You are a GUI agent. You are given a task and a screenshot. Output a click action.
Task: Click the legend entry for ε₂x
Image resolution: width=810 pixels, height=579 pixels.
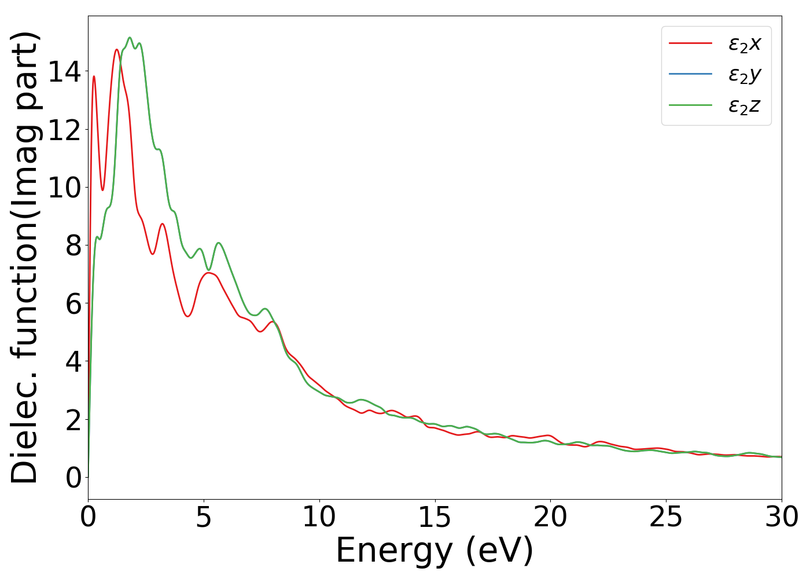coord(744,43)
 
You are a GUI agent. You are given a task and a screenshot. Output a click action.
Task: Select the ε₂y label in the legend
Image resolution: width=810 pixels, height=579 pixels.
coord(744,75)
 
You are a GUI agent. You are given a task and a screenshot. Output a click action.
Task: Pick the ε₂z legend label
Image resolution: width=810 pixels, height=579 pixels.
coord(744,106)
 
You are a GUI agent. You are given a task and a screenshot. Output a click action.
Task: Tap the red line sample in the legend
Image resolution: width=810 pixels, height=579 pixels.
coord(690,43)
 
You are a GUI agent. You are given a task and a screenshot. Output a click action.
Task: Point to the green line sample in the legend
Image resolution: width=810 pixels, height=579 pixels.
coord(690,105)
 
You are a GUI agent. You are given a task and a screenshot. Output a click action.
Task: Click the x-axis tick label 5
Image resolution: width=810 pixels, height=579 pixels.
coord(204,517)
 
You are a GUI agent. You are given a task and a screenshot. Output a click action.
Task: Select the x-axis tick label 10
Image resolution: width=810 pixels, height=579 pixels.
coord(319,517)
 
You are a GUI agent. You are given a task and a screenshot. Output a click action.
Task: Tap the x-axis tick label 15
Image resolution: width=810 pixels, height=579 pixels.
coord(435,517)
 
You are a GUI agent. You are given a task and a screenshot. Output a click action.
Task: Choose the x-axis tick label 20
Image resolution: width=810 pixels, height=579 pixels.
coord(550,517)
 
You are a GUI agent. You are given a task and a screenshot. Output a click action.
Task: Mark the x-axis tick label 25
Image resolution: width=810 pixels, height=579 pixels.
coord(666,517)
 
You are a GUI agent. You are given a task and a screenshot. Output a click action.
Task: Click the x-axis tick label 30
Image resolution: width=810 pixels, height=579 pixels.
coord(782,517)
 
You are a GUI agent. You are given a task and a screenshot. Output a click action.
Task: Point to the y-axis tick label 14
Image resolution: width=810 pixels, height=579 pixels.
coord(64,72)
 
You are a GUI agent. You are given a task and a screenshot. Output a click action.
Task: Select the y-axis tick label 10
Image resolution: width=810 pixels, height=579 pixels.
coord(64,188)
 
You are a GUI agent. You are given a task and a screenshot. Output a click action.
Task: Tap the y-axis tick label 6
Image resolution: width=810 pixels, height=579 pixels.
coord(73,303)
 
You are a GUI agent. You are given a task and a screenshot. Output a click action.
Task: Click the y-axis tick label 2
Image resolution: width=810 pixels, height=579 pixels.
coord(73,419)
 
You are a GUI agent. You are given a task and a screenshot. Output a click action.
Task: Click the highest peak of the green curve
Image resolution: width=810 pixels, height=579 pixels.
coord(130,38)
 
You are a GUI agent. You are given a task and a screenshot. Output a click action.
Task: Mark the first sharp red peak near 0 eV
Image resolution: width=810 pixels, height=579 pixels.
coord(94,76)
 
